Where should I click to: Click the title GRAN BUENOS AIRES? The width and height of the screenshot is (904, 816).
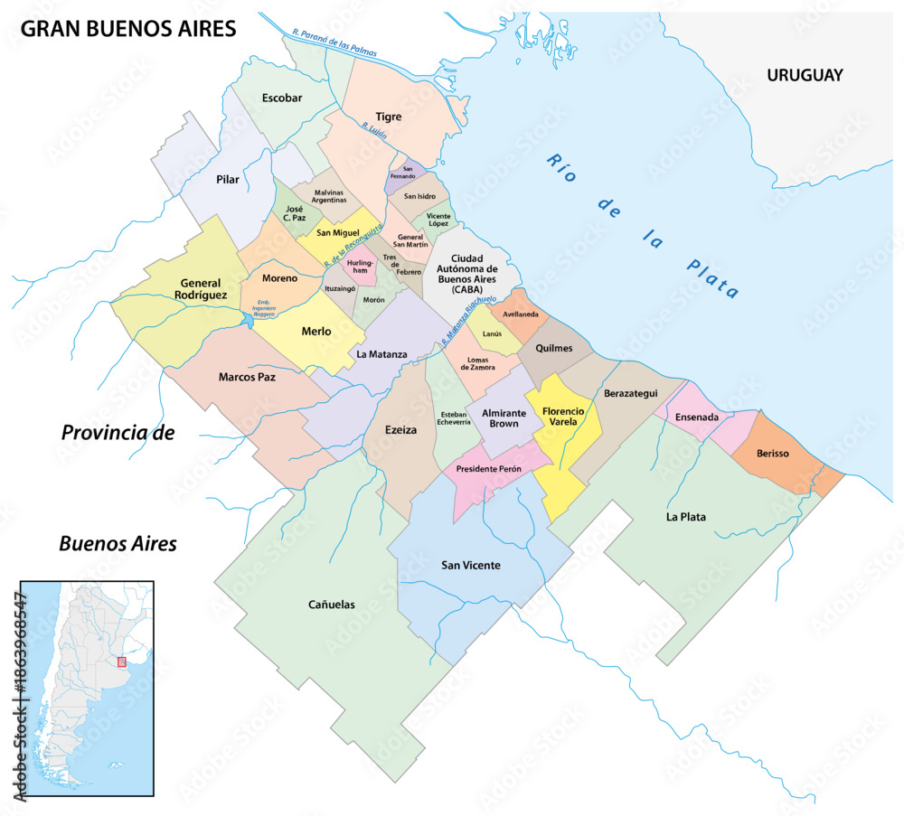click(128, 29)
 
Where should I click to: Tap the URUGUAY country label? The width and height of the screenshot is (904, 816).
click(805, 75)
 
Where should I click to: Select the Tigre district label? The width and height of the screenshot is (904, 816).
click(388, 117)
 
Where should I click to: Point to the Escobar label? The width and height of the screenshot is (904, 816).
click(281, 97)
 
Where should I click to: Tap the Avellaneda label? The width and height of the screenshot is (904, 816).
click(520, 314)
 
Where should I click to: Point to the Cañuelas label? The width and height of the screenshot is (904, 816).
click(331, 604)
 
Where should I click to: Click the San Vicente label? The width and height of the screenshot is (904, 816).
click(470, 565)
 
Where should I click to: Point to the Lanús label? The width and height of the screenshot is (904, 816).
click(493, 333)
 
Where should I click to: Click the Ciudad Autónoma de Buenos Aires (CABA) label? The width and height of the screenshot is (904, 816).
click(475, 269)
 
